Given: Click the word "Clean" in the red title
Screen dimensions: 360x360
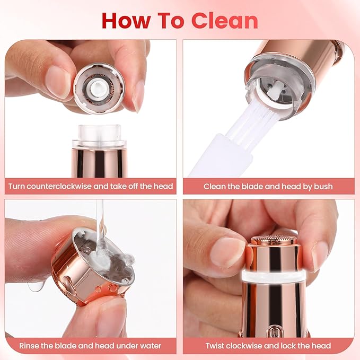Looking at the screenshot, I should (x=225, y=20).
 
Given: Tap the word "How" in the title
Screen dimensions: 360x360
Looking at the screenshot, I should (x=124, y=20).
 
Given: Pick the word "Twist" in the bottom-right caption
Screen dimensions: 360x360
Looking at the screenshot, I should (x=216, y=346).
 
